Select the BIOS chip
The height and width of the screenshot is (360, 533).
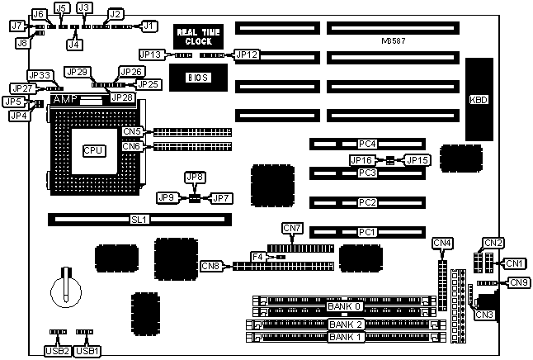[x=196, y=77]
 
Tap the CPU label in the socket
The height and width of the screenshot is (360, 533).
[x=93, y=151]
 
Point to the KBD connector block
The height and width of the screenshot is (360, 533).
[x=478, y=99]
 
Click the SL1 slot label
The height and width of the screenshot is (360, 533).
[x=138, y=220]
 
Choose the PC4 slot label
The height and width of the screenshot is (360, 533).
[x=367, y=144]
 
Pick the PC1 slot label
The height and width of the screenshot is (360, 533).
[x=367, y=232]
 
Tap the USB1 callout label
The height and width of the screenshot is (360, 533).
[x=87, y=350]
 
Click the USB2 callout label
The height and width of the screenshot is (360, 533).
[x=55, y=350]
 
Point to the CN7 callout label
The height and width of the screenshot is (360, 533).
[x=292, y=228]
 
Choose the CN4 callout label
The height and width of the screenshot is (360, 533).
[x=442, y=243]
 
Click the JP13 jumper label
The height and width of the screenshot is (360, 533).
[x=151, y=55]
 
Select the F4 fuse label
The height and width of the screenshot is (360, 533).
[x=257, y=257]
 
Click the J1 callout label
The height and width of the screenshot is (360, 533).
[x=149, y=26]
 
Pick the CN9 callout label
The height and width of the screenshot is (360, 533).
[x=519, y=283]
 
